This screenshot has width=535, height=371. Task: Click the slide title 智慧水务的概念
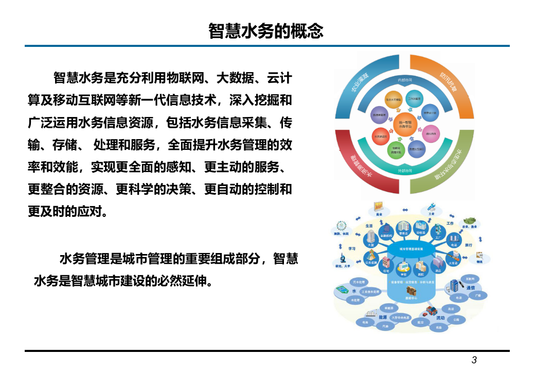coord(266,31)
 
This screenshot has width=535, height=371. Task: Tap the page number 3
coord(474,360)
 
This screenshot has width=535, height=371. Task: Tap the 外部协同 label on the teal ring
coord(404,171)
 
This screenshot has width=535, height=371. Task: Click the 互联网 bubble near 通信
coord(470,278)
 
